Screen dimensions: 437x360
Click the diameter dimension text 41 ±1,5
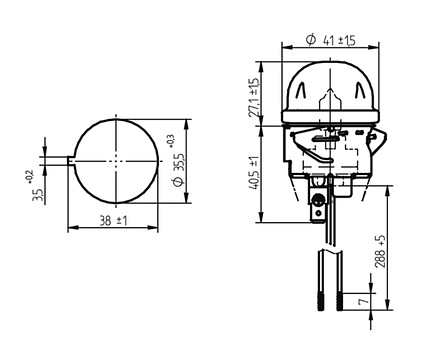(339, 40)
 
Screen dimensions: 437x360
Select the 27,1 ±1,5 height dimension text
(254, 97)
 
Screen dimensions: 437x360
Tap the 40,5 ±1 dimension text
(254, 173)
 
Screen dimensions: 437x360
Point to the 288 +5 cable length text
(380, 251)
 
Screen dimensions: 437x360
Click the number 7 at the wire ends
(364, 301)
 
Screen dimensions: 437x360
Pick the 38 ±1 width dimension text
(113, 220)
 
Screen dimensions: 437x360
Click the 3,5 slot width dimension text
(37, 195)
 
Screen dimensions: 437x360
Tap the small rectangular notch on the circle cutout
(72, 161)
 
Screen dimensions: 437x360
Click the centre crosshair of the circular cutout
(116, 161)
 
